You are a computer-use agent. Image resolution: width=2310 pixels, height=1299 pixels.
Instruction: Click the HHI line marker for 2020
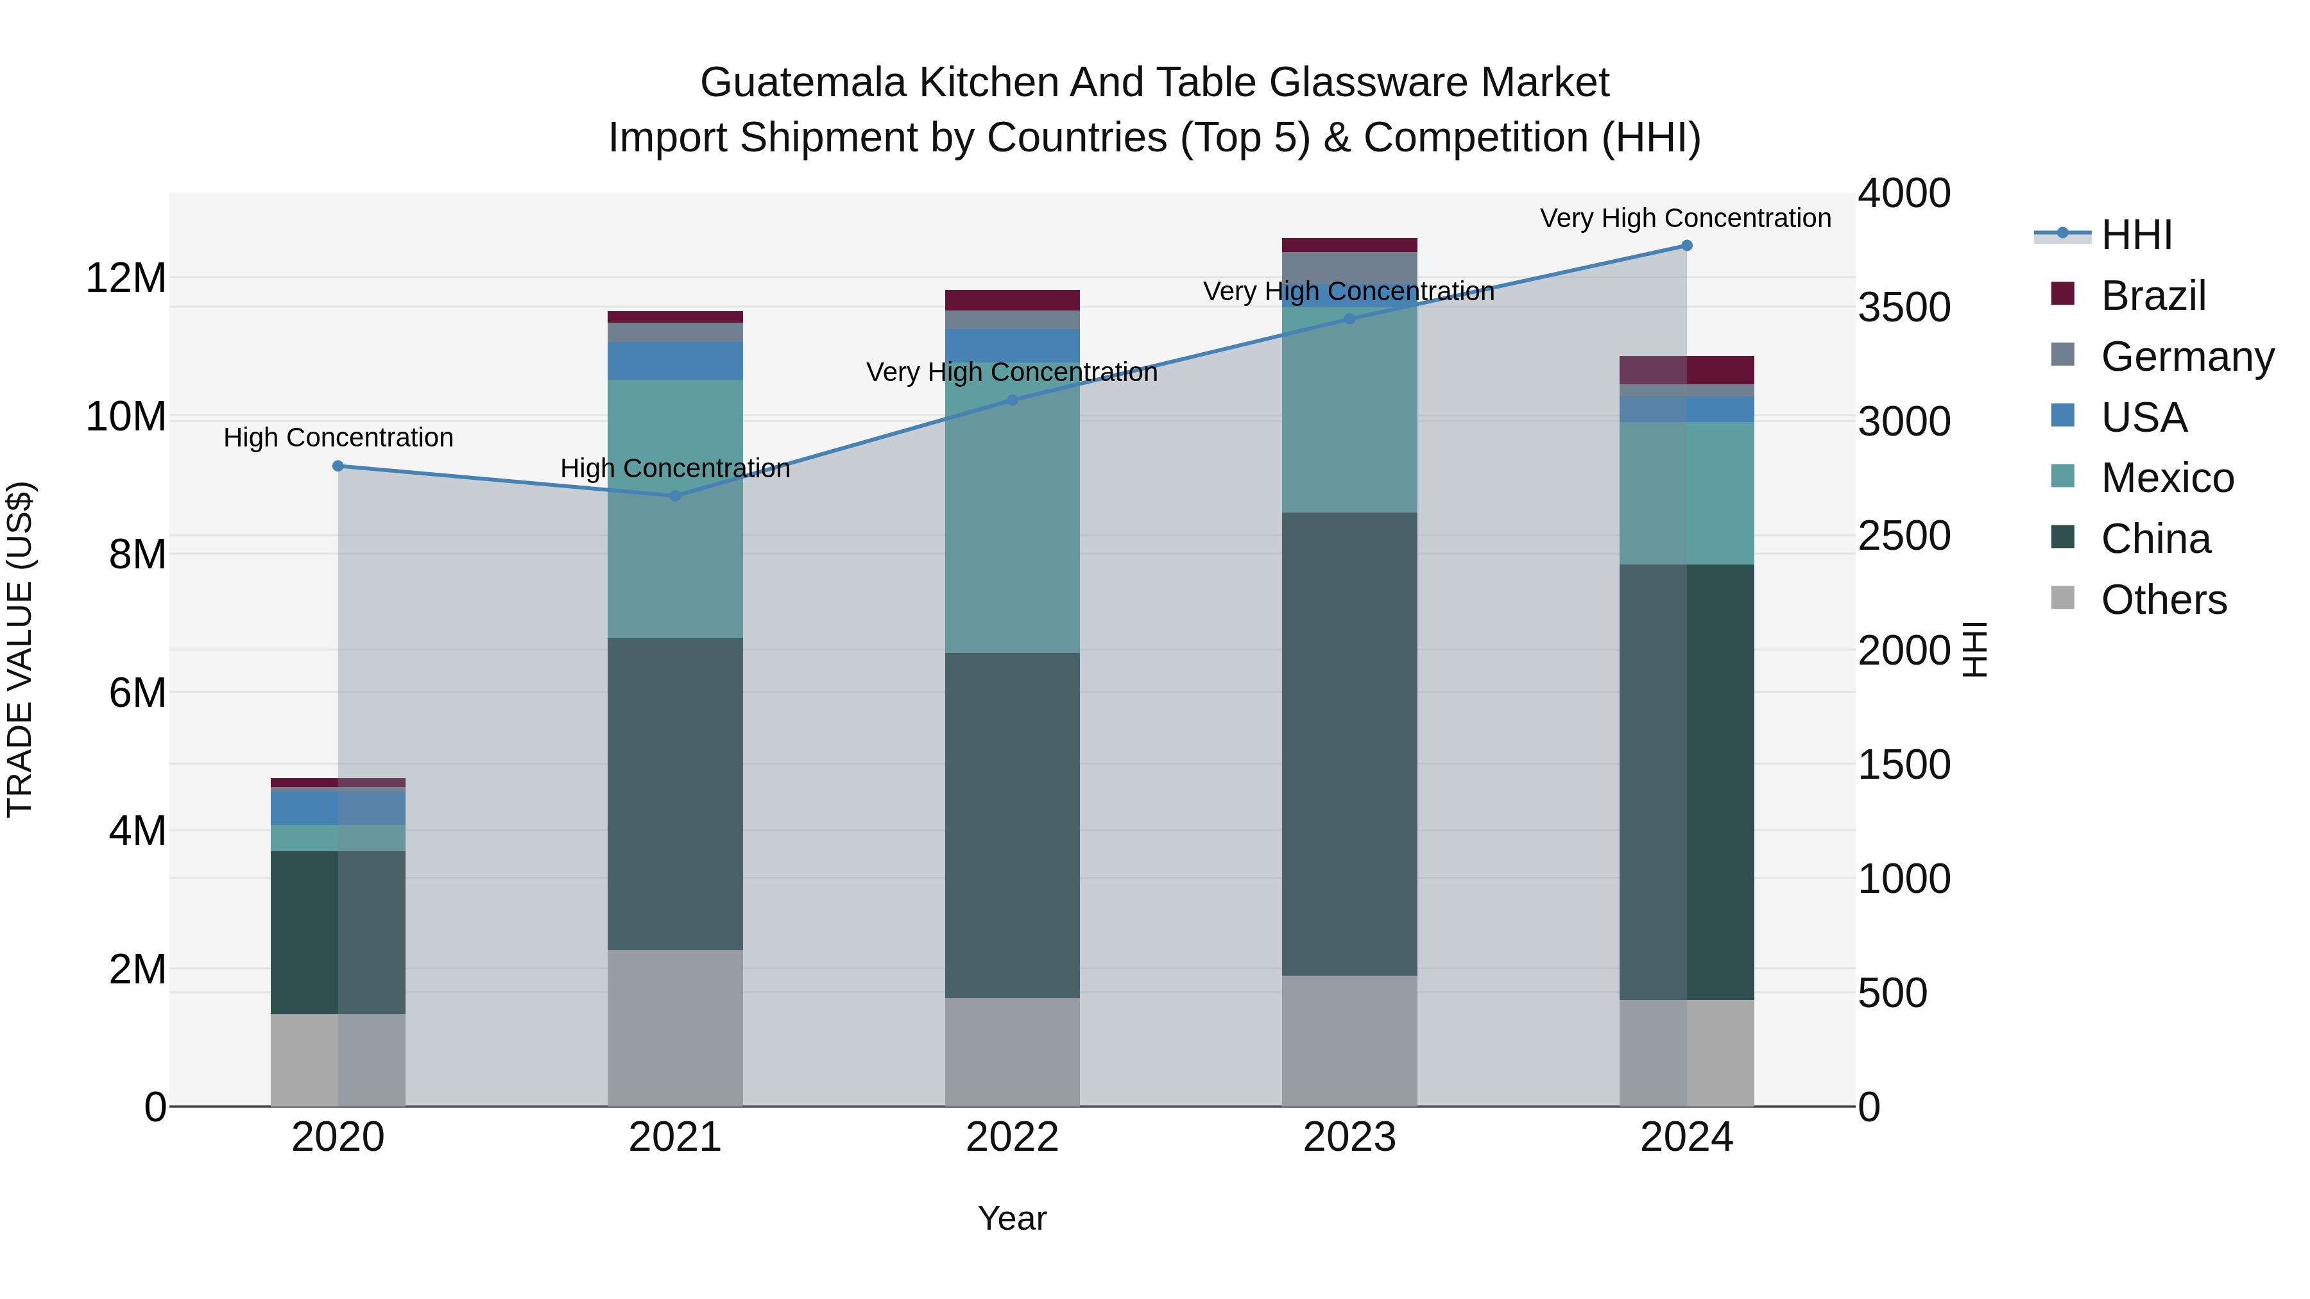tap(338, 466)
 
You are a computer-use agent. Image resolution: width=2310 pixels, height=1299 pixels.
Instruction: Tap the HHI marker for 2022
tap(1013, 400)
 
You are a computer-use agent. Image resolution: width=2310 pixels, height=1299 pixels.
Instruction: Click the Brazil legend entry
tap(2152, 296)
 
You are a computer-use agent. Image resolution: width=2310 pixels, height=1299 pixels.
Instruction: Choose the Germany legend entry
tap(2186, 357)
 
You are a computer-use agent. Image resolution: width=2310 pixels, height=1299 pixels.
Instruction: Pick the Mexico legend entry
tap(2166, 478)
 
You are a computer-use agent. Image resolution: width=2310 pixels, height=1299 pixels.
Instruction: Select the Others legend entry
tap(2163, 600)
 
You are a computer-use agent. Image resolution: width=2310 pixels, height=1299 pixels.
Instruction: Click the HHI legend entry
tap(2136, 235)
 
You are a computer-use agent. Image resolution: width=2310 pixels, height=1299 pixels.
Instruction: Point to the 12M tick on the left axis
tap(126, 278)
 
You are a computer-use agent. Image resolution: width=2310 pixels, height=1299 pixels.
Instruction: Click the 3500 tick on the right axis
tap(1904, 307)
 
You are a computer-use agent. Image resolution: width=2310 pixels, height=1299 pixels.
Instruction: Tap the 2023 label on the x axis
tap(1349, 1137)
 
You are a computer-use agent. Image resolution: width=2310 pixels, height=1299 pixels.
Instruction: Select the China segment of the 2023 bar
tap(1349, 744)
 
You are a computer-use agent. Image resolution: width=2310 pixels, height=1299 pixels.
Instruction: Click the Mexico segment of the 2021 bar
tap(675, 508)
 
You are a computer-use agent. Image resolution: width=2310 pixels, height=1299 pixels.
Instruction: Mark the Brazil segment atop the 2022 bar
tap(1013, 300)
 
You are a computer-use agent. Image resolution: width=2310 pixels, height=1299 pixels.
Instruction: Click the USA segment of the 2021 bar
tap(675, 361)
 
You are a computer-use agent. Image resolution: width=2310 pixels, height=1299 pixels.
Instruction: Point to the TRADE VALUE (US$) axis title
tap(20, 649)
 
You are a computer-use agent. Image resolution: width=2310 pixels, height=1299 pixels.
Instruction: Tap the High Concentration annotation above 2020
tap(338, 437)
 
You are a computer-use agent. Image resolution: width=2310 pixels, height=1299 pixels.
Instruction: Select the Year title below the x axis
tap(1013, 1218)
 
